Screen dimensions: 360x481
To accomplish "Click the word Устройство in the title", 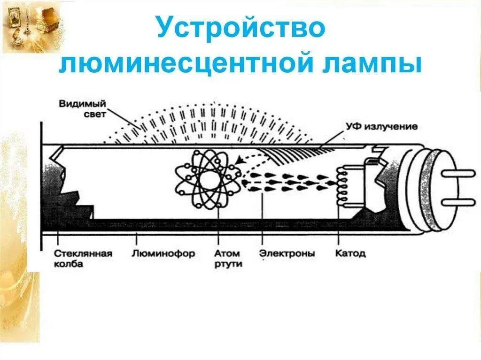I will [x=240, y=28].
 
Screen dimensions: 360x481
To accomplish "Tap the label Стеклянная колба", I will [x=83, y=258].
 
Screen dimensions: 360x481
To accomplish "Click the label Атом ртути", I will [x=228, y=258].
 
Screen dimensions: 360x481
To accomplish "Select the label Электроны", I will [x=287, y=253].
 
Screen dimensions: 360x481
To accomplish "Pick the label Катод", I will [x=350, y=253].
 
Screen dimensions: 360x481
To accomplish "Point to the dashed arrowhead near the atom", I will [x=240, y=161].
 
